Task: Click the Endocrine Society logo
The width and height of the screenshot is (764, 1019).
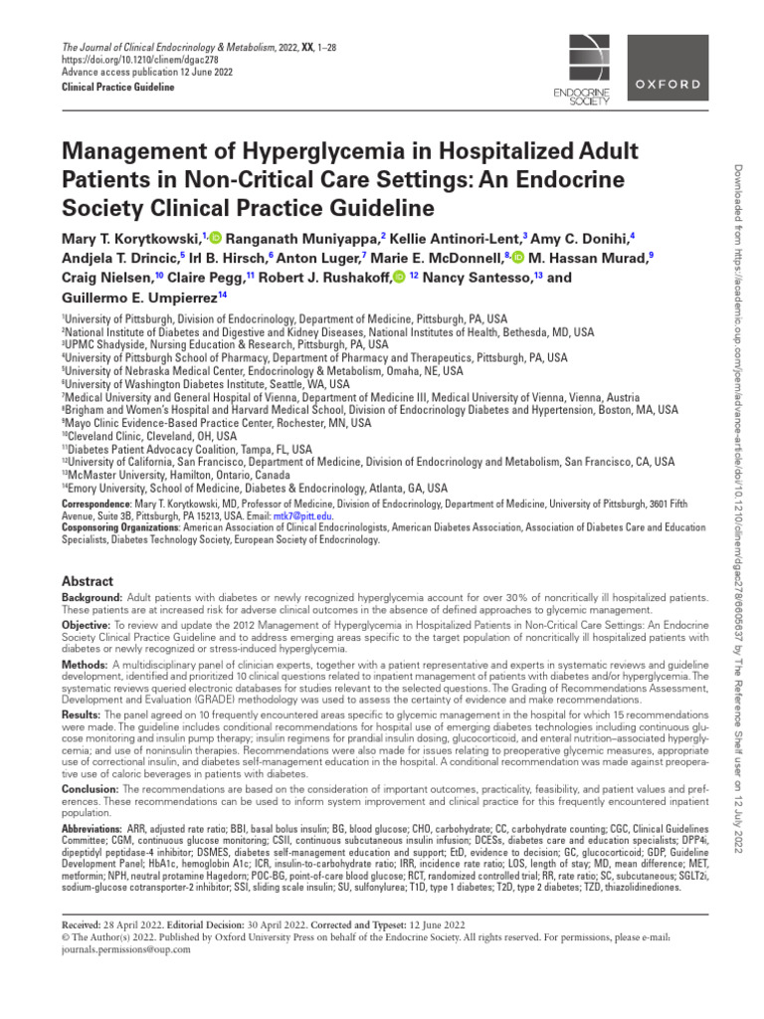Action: point(579,69)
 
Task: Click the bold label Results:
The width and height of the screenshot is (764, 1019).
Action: point(84,714)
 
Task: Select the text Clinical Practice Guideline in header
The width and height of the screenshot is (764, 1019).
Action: point(117,88)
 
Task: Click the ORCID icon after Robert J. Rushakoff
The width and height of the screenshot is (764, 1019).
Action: point(400,277)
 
